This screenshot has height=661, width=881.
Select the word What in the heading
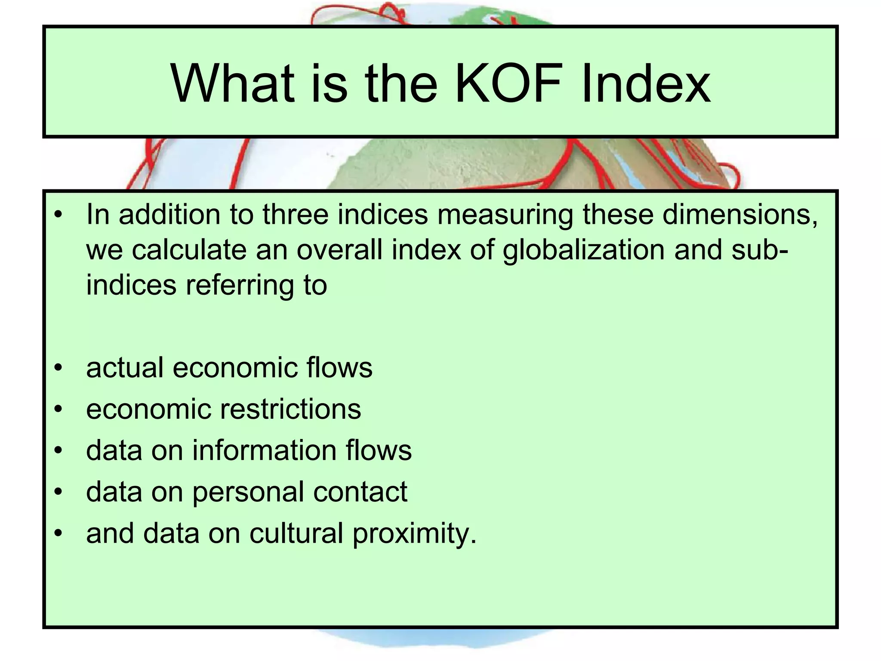pyautogui.click(x=233, y=83)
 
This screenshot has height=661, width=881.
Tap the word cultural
pyautogui.click(x=296, y=533)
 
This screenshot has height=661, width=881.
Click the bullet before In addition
pyautogui.click(x=59, y=215)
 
